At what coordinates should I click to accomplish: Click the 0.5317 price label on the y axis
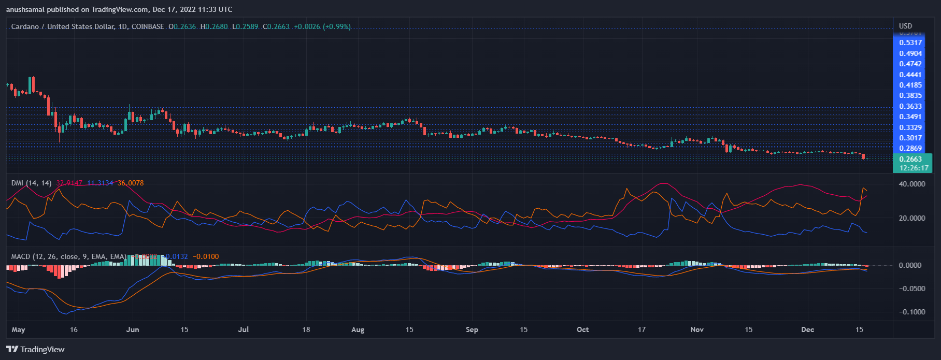tap(910, 42)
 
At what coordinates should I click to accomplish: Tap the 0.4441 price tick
tap(910, 75)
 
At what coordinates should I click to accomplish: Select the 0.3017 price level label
tap(910, 138)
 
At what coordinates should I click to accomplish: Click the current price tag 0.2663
tap(910, 159)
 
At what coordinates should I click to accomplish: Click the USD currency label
tap(905, 26)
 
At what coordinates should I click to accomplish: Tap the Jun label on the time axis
tap(133, 329)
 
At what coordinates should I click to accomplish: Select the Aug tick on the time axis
tap(358, 329)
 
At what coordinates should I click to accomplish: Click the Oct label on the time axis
tap(582, 329)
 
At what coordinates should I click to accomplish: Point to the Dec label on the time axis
tap(807, 329)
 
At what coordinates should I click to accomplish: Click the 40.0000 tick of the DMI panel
tap(911, 184)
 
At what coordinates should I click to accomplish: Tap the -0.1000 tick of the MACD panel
tap(911, 312)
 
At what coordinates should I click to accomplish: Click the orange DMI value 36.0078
tap(131, 183)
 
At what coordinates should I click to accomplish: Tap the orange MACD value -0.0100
tap(206, 256)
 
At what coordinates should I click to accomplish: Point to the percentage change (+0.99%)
tap(337, 26)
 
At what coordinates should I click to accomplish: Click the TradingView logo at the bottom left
tap(35, 349)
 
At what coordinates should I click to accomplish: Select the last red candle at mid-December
tap(863, 156)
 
